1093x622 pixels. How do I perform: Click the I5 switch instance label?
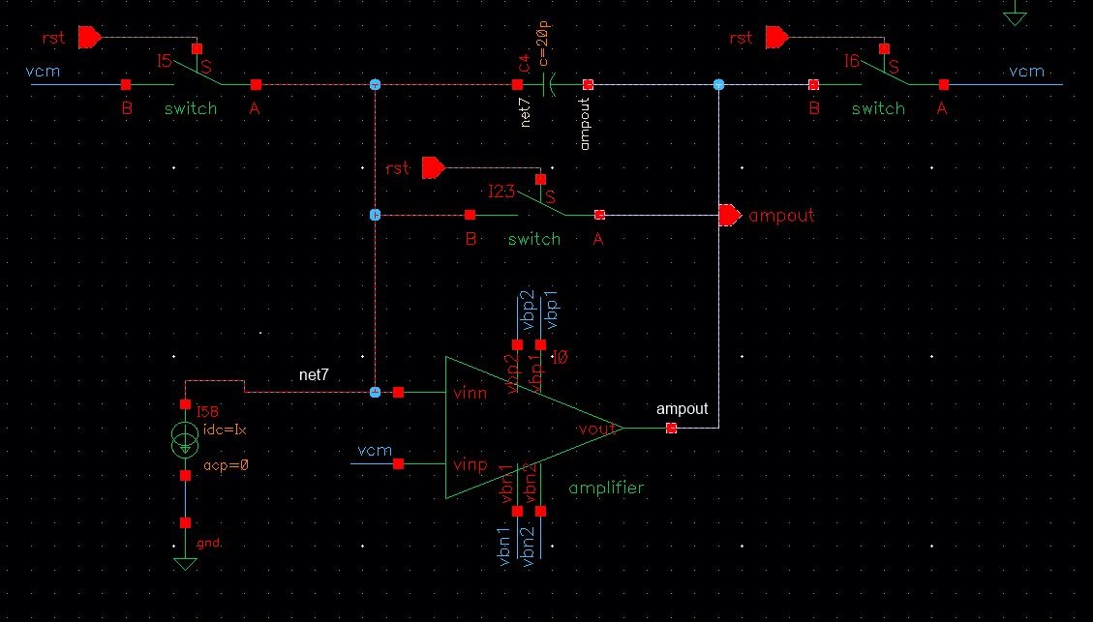[165, 61]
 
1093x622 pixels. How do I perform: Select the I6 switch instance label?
[851, 61]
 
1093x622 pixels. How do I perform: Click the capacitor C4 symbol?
[550, 85]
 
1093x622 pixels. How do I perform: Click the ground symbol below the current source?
[185, 562]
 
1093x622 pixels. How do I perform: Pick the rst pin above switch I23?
[433, 168]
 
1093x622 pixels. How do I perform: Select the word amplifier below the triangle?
[606, 488]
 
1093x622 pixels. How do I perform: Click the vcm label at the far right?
[1026, 72]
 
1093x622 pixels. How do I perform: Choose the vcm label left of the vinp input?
[375, 451]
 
